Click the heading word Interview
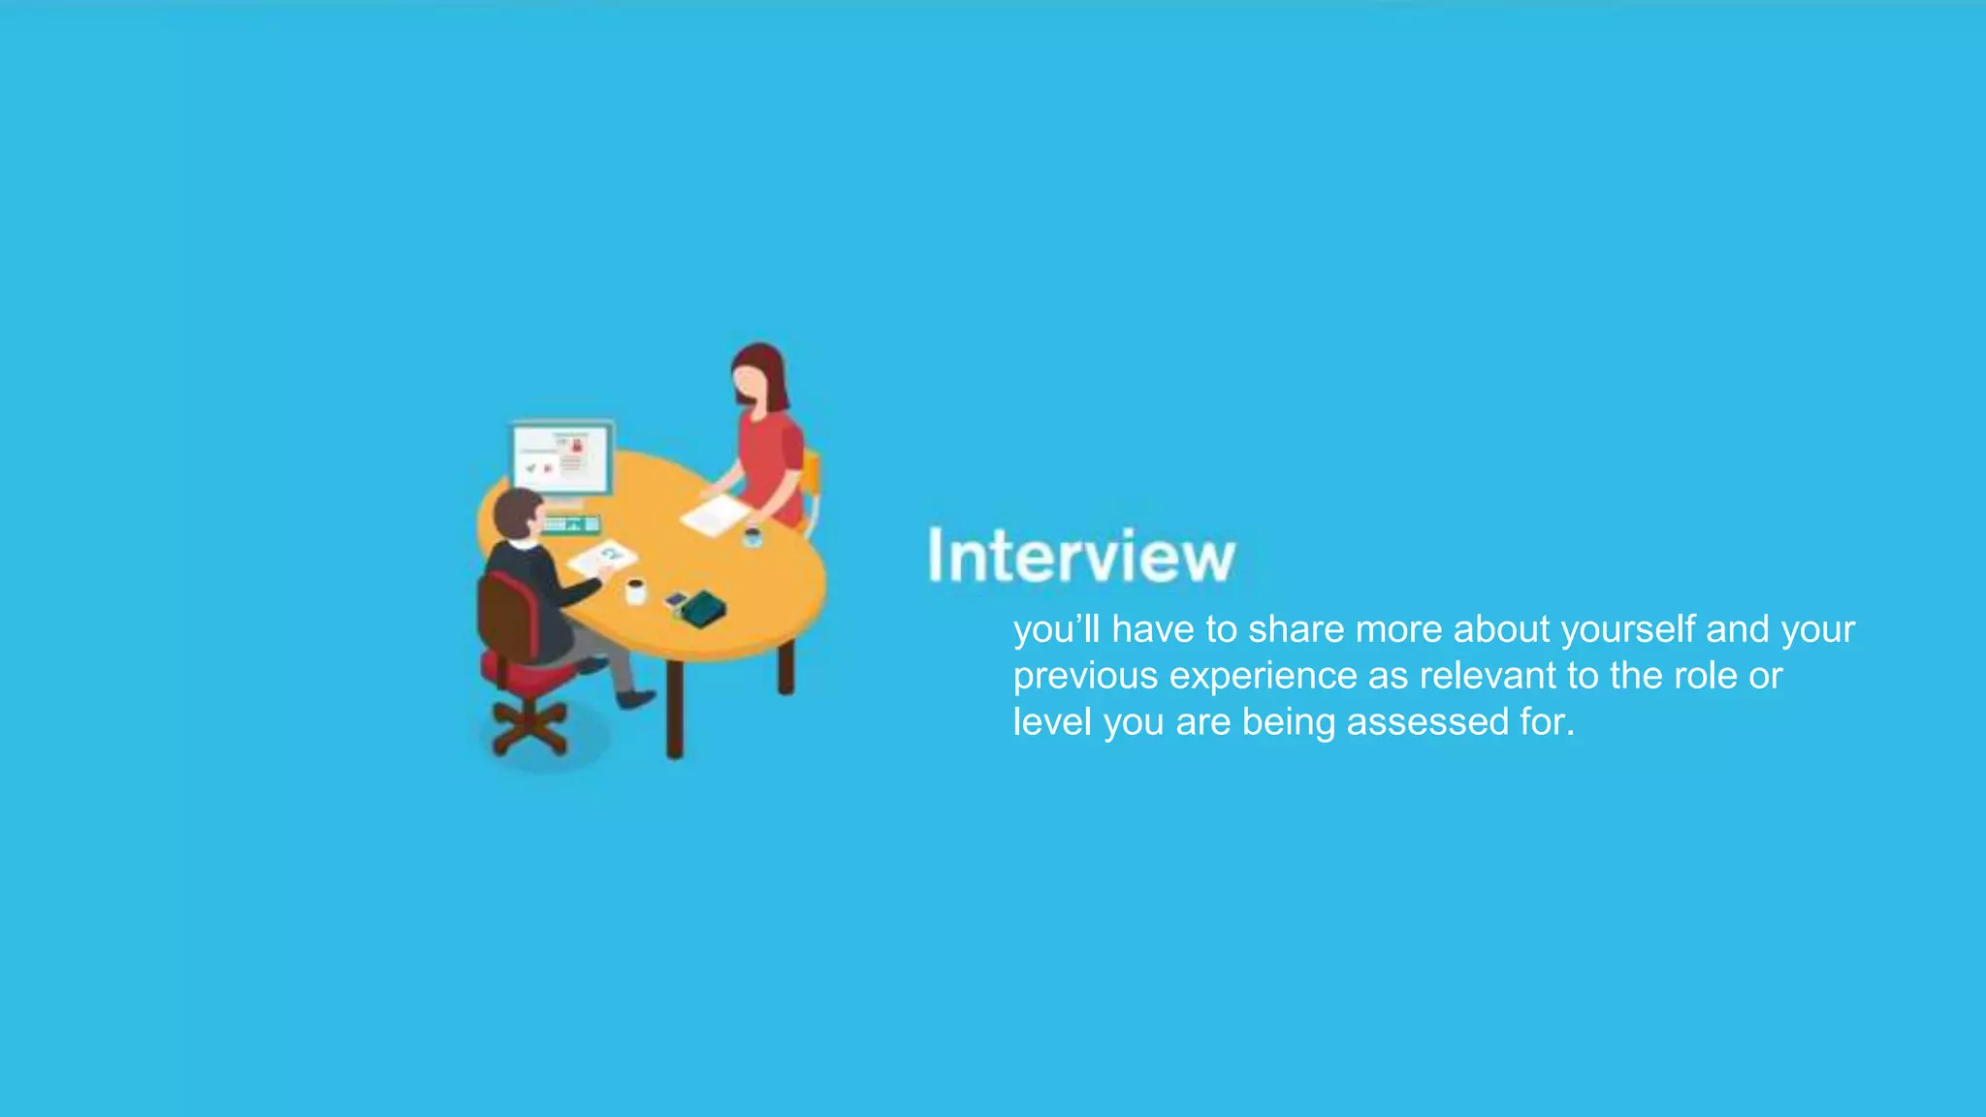coord(1081,556)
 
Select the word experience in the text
coord(1263,676)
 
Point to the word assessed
coord(1427,722)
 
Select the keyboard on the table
coord(571,525)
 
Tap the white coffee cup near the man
coord(635,590)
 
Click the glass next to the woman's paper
coord(752,536)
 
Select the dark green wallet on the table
coord(703,608)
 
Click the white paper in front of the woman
coord(715,515)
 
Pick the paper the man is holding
coord(602,557)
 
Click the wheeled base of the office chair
coord(529,727)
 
